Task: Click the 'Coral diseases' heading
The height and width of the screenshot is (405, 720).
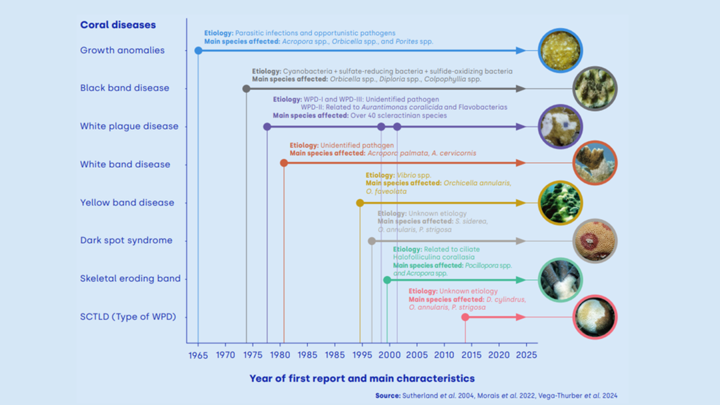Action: [118, 25]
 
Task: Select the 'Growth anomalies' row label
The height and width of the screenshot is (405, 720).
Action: [122, 50]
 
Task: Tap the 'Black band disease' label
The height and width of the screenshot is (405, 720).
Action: [125, 88]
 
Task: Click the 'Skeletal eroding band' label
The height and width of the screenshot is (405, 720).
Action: [130, 278]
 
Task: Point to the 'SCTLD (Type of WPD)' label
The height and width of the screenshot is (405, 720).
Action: [128, 316]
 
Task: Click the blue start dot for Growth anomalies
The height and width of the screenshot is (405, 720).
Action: [198, 51]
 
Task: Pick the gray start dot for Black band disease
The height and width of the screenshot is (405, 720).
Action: [246, 89]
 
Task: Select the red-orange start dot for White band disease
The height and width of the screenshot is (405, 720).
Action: [283, 163]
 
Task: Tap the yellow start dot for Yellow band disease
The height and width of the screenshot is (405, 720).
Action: [360, 202]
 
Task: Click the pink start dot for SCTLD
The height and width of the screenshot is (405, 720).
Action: [465, 317]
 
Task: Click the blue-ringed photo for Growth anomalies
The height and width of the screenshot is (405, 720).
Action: [560, 50]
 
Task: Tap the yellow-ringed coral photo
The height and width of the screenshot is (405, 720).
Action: [560, 202]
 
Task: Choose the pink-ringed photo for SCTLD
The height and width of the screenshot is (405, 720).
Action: [595, 317]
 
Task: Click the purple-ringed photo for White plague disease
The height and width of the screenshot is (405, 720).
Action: [560, 127]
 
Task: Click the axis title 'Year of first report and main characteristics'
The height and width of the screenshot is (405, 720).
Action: [362, 378]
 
